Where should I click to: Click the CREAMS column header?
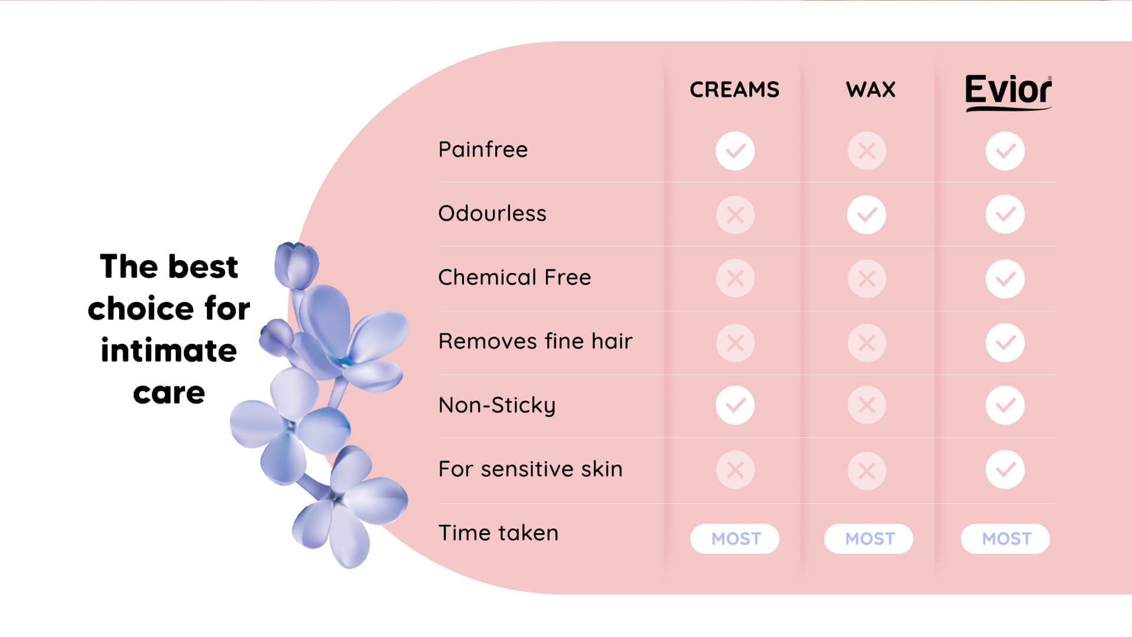click(735, 90)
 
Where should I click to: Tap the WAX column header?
click(871, 90)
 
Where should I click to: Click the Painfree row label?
click(483, 150)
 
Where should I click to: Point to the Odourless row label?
click(492, 214)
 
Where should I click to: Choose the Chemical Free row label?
click(515, 277)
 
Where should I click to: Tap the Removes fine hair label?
click(535, 341)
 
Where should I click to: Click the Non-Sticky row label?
click(497, 406)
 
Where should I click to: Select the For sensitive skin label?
click(531, 469)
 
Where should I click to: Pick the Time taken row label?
click(498, 533)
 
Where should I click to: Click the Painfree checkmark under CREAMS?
click(735, 151)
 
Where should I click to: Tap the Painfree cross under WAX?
click(867, 151)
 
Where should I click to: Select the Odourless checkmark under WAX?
click(867, 215)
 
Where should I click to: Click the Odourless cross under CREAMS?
click(735, 215)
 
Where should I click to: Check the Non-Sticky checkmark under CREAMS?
click(735, 405)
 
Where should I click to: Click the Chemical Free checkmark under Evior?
click(1005, 278)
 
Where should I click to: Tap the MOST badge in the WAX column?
click(868, 539)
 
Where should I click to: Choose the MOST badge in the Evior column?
click(1005, 539)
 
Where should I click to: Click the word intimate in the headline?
click(169, 350)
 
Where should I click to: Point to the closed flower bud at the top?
click(296, 265)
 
